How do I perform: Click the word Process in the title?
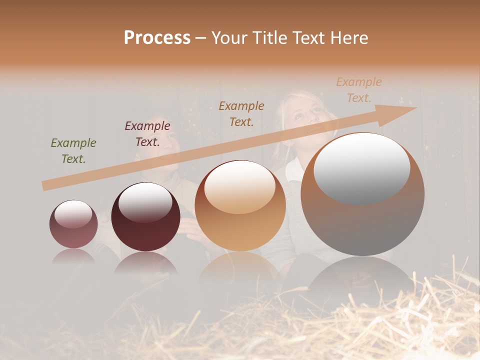click(x=157, y=37)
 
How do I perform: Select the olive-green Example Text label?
click(x=73, y=151)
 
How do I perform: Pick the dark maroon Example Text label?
click(x=147, y=134)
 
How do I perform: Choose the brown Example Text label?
click(x=241, y=113)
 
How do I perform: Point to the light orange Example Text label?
click(x=359, y=90)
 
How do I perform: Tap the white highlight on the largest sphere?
click(x=362, y=167)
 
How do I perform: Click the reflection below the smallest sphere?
click(x=73, y=257)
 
